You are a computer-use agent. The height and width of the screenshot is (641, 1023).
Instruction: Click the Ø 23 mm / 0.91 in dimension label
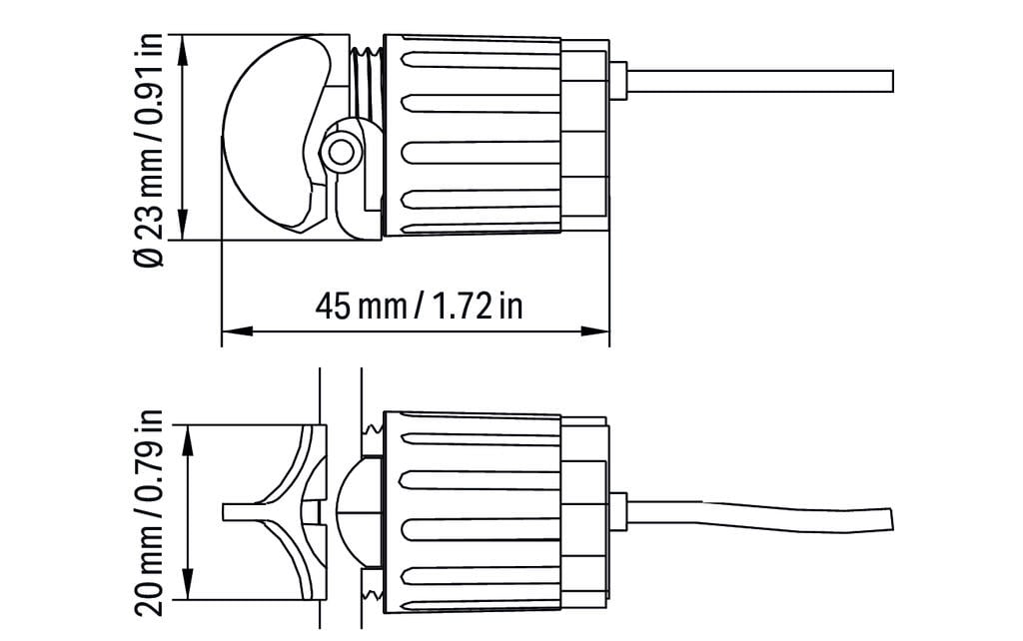coord(149,150)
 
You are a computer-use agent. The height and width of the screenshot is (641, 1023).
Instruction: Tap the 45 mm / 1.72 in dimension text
coord(419,306)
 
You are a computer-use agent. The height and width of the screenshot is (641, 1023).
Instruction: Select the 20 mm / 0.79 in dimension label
coord(149,512)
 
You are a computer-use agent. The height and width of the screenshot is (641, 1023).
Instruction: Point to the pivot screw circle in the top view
coord(340,153)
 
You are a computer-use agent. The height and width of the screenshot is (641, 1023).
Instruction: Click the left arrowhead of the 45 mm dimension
coord(237,331)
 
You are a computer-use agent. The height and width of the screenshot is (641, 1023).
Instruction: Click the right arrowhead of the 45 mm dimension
coord(595,331)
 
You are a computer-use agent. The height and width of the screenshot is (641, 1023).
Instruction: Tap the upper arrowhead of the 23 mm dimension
coord(184,49)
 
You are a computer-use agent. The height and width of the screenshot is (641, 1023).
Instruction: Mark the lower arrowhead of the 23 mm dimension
coord(184,225)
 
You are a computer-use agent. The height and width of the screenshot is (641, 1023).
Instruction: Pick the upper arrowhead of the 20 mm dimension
coord(189,440)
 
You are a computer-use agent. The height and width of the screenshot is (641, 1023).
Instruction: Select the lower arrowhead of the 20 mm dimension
coord(189,584)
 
